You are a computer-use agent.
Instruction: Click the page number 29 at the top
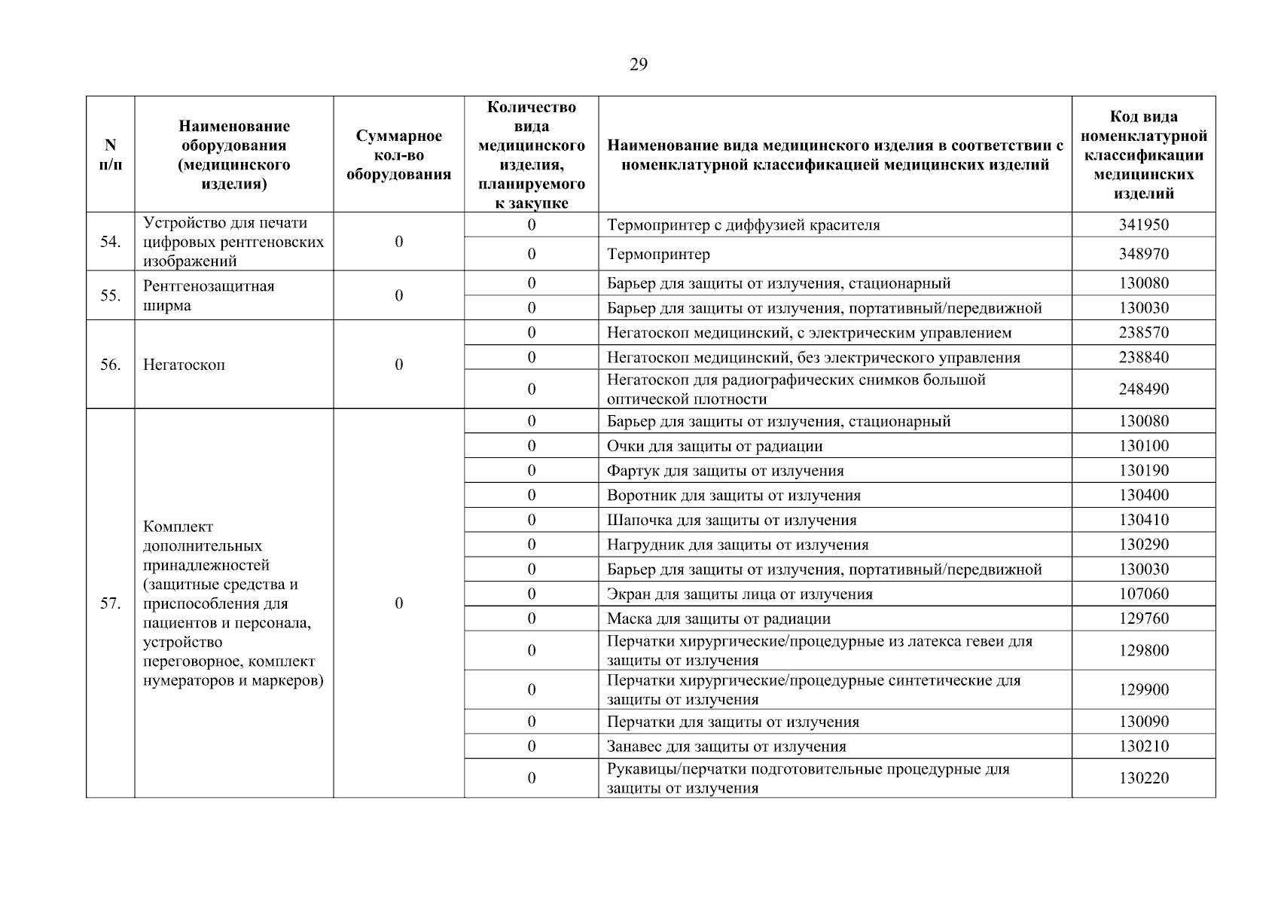[x=638, y=65]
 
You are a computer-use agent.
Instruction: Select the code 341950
[x=1143, y=224]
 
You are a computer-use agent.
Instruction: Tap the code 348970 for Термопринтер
[x=1143, y=254]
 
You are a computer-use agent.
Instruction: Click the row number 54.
[x=110, y=242]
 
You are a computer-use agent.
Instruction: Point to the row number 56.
[x=110, y=365]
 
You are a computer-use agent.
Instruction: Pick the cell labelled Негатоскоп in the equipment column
[x=184, y=365]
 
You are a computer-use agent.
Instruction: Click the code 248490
[x=1143, y=389]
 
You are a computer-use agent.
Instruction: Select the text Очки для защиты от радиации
[x=714, y=446]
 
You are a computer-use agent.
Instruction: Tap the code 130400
[x=1143, y=495]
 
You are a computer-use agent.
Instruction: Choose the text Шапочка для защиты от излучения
[x=731, y=520]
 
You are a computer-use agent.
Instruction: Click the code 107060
[x=1143, y=594]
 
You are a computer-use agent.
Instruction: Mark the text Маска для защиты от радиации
[x=718, y=618]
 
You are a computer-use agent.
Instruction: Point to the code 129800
[x=1143, y=650]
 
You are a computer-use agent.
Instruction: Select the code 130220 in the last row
[x=1143, y=778]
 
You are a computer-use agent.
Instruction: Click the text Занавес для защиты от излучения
[x=726, y=747]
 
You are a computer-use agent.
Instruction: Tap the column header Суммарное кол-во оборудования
[x=398, y=155]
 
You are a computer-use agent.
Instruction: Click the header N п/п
[x=110, y=154]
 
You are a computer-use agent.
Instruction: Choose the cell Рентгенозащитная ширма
[x=209, y=295]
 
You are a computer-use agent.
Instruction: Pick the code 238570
[x=1143, y=332]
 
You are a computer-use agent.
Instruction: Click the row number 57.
[x=110, y=603]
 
